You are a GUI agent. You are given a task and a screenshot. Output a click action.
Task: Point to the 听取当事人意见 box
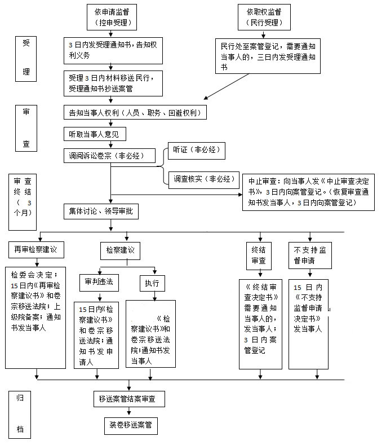[95, 134]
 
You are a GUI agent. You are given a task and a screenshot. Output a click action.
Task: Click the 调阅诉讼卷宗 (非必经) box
[109, 155]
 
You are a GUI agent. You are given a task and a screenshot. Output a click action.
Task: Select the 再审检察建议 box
[37, 249]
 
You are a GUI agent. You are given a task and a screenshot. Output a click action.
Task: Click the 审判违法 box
[99, 281]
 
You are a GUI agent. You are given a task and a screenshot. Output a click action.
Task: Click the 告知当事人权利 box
[135, 112]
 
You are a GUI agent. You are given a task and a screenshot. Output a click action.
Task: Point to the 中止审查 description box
[309, 191]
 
